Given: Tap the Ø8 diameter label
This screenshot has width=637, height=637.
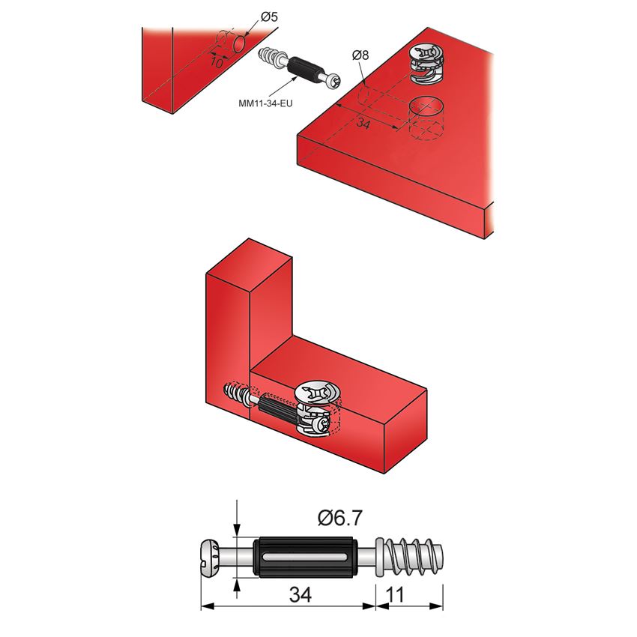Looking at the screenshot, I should coord(361,55).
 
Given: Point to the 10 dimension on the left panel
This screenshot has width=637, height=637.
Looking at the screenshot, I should coord(216,64).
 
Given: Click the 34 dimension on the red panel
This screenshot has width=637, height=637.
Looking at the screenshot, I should coord(362,124).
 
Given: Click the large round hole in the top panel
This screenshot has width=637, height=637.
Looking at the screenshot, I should coord(426,107).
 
